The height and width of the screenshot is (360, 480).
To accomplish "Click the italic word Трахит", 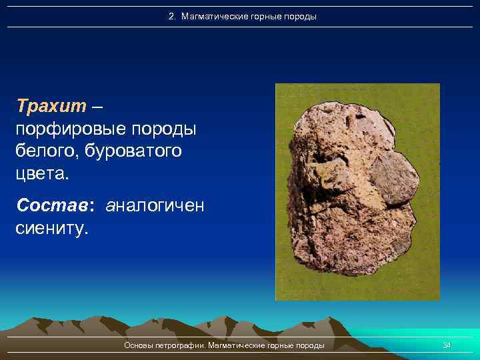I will point(52,105).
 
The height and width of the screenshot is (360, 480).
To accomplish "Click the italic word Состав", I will point(55,205).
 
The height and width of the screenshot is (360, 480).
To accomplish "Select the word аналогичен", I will point(155,205).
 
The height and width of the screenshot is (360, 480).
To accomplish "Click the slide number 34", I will point(447,345).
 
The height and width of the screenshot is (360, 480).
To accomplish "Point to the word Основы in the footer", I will point(138,345).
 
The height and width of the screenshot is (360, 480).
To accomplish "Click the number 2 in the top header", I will point(171,16).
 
